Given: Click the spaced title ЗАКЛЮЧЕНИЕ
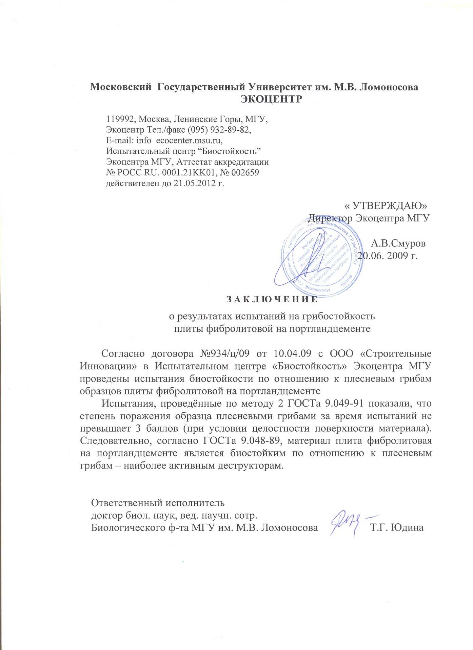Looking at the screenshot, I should (x=272, y=300).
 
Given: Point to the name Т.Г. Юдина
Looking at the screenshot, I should (x=397, y=527).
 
